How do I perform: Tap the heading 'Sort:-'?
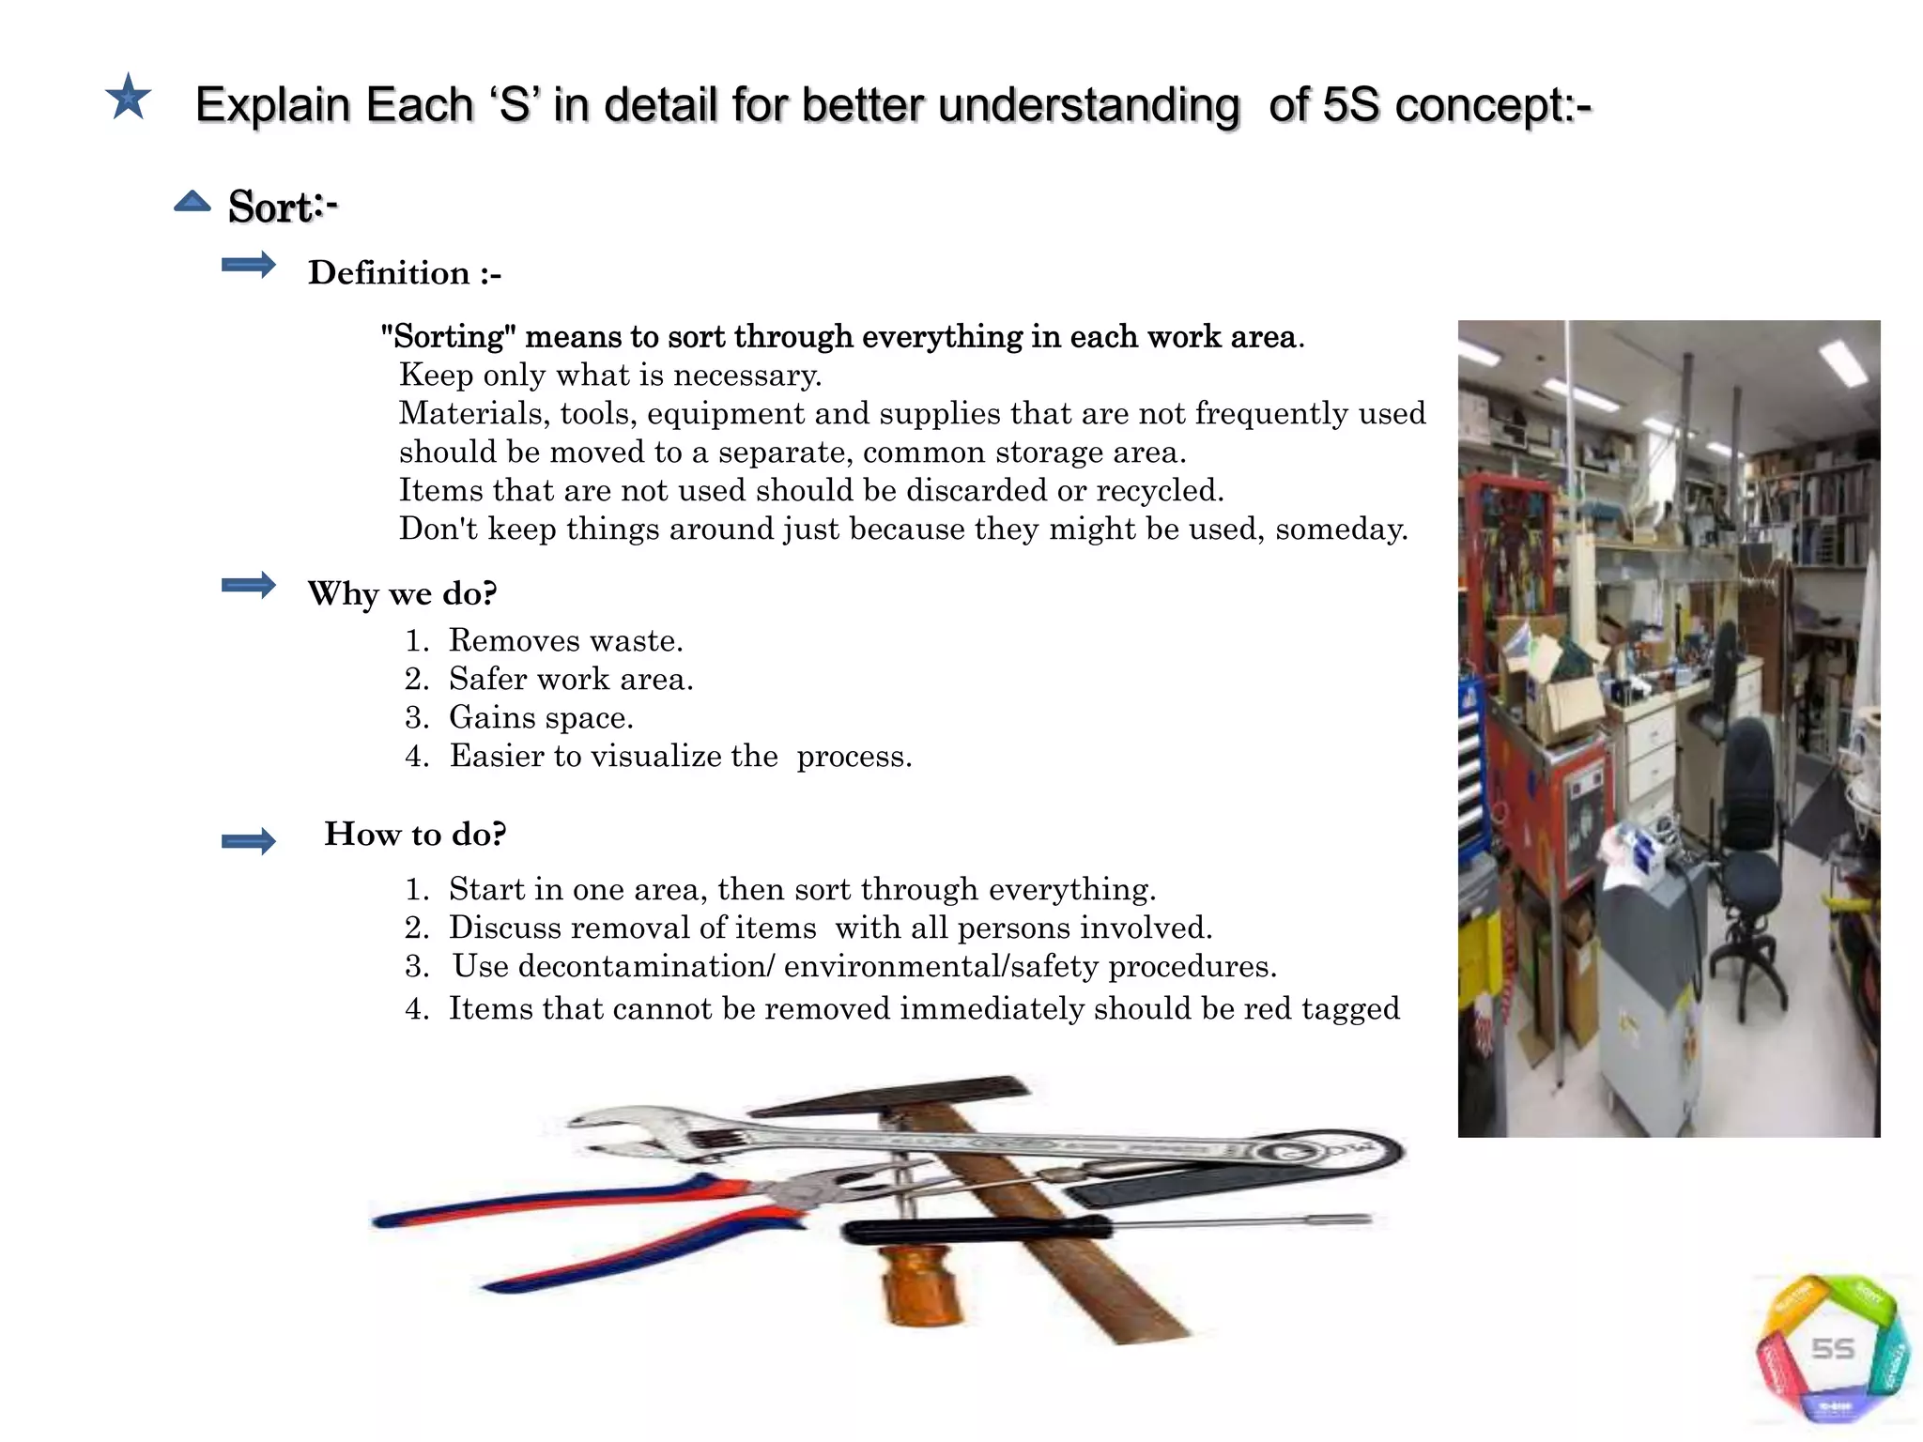click(x=282, y=207)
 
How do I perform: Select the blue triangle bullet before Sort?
click(x=192, y=201)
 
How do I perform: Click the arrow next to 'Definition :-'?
click(x=249, y=266)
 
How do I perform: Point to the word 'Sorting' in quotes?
click(x=448, y=336)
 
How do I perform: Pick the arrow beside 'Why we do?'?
click(x=249, y=586)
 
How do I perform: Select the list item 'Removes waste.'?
click(x=565, y=640)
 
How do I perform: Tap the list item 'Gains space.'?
click(x=541, y=717)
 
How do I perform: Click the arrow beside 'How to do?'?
click(x=249, y=840)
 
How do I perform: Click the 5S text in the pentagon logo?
click(x=1832, y=1349)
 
